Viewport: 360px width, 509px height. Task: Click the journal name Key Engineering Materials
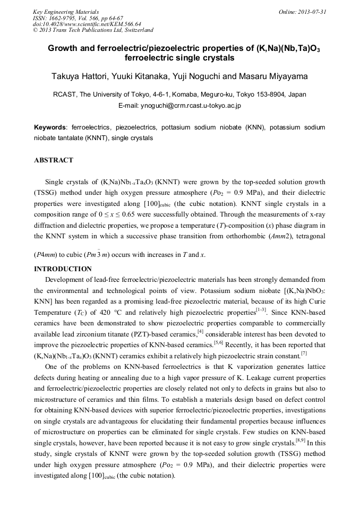click(66, 11)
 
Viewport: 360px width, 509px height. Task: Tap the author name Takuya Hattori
click(80, 76)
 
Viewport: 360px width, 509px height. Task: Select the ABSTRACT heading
click(54, 160)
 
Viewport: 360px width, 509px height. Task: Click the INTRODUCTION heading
click(63, 269)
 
